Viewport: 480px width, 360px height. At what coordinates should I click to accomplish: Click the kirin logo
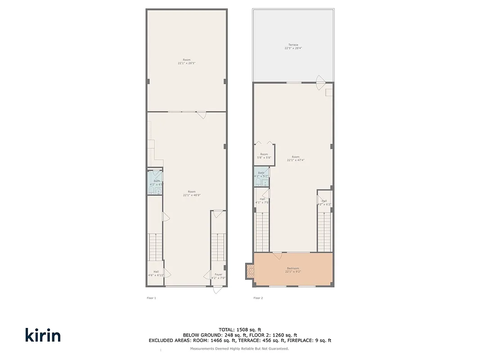click(43, 335)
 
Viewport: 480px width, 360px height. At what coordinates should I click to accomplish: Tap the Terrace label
click(293, 46)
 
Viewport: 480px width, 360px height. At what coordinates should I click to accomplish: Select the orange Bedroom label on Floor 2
click(293, 270)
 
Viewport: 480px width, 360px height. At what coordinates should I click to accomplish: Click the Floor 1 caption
click(152, 298)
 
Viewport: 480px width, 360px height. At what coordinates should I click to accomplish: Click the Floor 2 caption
click(258, 298)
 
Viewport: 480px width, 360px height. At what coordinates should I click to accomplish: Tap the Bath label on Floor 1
click(156, 183)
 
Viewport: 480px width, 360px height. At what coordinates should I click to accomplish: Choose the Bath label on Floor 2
click(261, 174)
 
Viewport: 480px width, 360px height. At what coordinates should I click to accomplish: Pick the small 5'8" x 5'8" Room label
click(264, 156)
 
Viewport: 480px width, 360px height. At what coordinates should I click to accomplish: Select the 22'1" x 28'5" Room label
click(186, 62)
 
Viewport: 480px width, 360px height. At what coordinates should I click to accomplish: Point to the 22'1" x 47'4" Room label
click(296, 158)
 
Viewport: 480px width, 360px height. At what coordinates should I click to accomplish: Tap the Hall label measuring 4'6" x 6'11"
click(156, 273)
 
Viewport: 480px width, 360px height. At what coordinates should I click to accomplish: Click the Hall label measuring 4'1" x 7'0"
click(262, 201)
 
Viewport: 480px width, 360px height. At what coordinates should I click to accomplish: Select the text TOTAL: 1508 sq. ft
click(240, 329)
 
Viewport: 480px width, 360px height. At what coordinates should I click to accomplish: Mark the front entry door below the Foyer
click(218, 290)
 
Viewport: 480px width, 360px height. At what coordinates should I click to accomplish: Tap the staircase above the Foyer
click(218, 247)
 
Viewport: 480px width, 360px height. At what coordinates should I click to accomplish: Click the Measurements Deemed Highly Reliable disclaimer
click(239, 349)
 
